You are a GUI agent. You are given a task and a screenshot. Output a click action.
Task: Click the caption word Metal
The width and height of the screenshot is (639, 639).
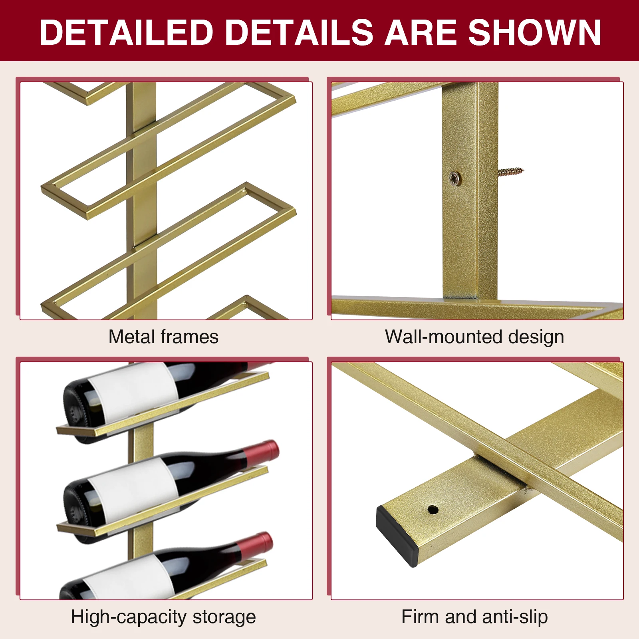pyautogui.click(x=132, y=337)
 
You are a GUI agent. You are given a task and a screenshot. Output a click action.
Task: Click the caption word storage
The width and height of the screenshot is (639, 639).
pyautogui.click(x=224, y=617)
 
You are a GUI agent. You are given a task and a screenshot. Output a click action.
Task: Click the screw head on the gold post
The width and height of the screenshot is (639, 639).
pyautogui.click(x=455, y=178)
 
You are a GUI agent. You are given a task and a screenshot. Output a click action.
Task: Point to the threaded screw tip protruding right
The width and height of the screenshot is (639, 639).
pyautogui.click(x=511, y=172)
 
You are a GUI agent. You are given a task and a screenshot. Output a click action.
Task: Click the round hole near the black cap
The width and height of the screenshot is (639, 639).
pyautogui.click(x=433, y=510)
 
